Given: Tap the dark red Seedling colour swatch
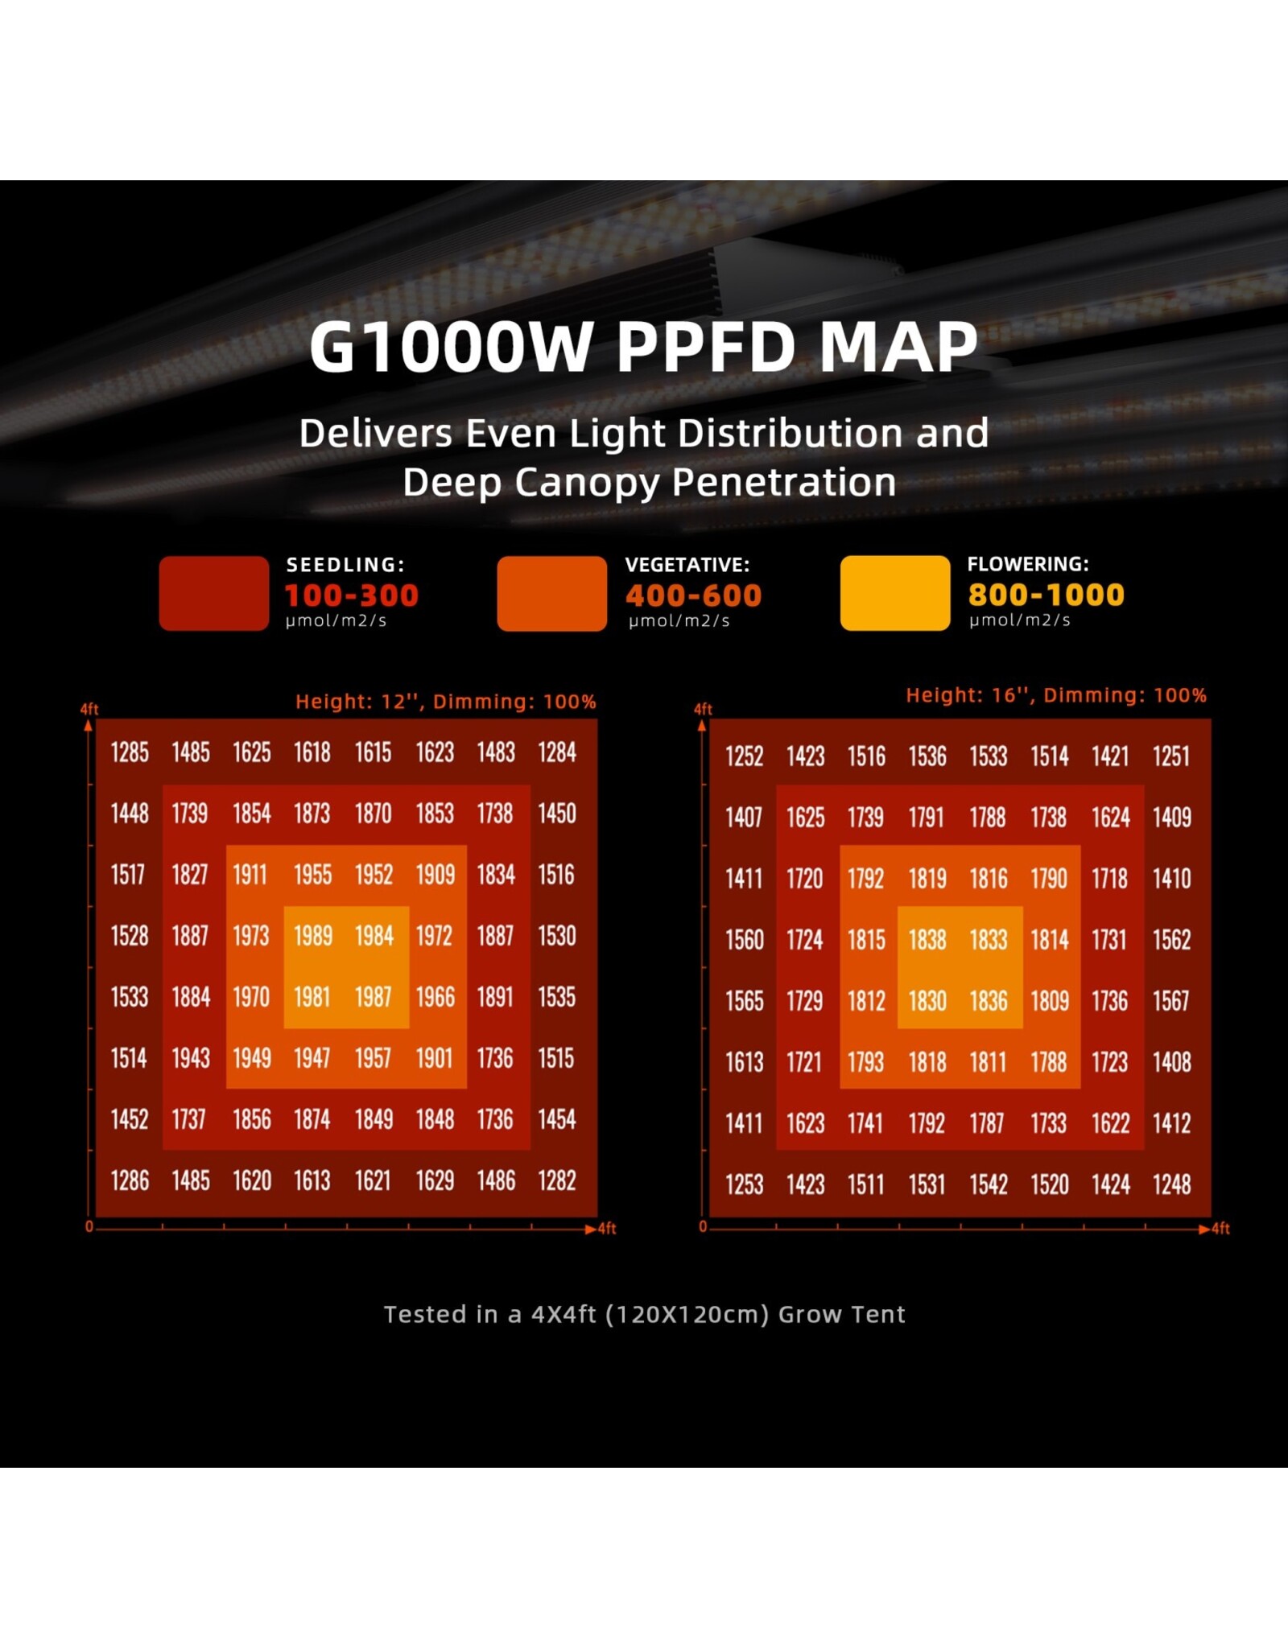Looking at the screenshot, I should click(x=213, y=593).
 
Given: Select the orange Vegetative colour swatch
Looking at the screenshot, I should click(x=551, y=593).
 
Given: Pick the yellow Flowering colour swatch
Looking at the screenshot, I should click(x=894, y=593).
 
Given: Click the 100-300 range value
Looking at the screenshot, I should click(x=352, y=595).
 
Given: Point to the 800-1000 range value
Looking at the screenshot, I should click(x=1046, y=595).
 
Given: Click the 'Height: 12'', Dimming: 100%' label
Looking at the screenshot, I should click(x=445, y=702).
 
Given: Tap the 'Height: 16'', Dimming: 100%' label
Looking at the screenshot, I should click(x=1055, y=695).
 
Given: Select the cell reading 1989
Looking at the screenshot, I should click(x=313, y=936).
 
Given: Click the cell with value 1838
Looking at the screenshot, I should click(x=927, y=940).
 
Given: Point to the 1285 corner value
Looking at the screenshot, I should click(x=130, y=752).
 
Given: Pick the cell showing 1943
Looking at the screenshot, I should click(x=191, y=1058).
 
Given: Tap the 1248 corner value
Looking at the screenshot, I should click(x=1171, y=1184).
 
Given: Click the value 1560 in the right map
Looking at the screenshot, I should click(x=745, y=940).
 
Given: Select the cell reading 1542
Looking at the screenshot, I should click(x=989, y=1184).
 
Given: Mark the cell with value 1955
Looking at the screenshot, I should click(x=313, y=875).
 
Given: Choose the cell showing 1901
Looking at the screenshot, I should click(x=435, y=1058).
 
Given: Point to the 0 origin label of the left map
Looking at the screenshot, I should click(x=89, y=1226).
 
